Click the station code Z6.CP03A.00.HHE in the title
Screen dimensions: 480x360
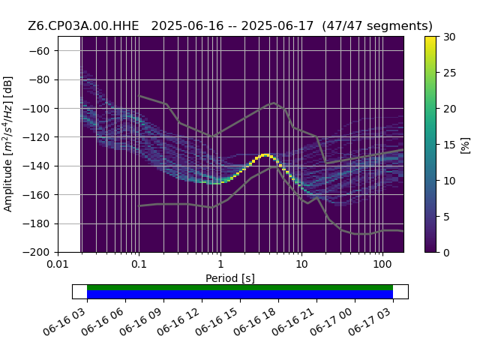pyautogui.click(x=83, y=25)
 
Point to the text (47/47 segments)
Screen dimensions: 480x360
pyautogui.click(x=377, y=26)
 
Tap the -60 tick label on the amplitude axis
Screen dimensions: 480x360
pyautogui.click(x=40, y=51)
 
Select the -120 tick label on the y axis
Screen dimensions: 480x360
pyautogui.click(x=37, y=137)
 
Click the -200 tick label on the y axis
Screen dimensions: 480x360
pyautogui.click(x=37, y=253)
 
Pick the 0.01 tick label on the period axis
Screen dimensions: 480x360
pyautogui.click(x=58, y=264)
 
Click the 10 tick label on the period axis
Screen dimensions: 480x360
pyautogui.click(x=301, y=264)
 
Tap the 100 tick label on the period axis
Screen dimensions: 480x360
pyautogui.click(x=382, y=264)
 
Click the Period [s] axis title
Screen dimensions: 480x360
pyautogui.click(x=230, y=278)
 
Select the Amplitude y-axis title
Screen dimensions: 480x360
pyautogui.click(x=7, y=144)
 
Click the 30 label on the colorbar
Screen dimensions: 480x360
pyautogui.click(x=450, y=37)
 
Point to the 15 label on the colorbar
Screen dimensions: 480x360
pyautogui.click(x=450, y=145)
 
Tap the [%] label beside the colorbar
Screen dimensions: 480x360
pyautogui.click(x=466, y=145)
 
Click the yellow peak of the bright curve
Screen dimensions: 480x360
pyautogui.click(x=265, y=155)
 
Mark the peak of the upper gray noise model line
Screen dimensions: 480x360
pyautogui.click(x=274, y=103)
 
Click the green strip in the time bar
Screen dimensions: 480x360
pyautogui.click(x=240, y=287)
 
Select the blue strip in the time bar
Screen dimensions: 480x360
pyautogui.click(x=240, y=294)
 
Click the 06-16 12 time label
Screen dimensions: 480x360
pyautogui.click(x=179, y=321)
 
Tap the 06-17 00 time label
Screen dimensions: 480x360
pyautogui.click(x=332, y=321)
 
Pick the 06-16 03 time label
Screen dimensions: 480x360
pyautogui.click(x=64, y=321)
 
